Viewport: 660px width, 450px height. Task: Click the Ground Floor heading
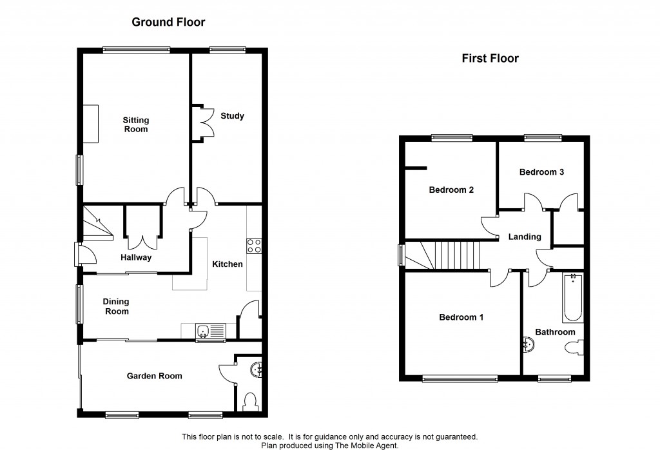[168, 23]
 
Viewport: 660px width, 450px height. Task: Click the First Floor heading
[490, 59]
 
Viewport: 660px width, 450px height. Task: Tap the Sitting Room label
[136, 124]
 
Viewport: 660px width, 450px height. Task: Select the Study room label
[232, 116]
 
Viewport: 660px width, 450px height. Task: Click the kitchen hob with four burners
[254, 246]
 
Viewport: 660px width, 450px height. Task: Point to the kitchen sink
[210, 332]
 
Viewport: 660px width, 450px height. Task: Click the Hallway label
[136, 258]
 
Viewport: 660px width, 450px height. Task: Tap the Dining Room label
[117, 306]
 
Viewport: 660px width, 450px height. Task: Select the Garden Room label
[154, 376]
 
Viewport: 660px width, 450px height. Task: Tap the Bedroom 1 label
[461, 317]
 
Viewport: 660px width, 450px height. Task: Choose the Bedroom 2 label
[452, 190]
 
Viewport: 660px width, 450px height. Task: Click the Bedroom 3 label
[542, 172]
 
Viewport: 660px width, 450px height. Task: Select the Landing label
[525, 237]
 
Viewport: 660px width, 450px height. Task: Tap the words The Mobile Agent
[371, 445]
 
